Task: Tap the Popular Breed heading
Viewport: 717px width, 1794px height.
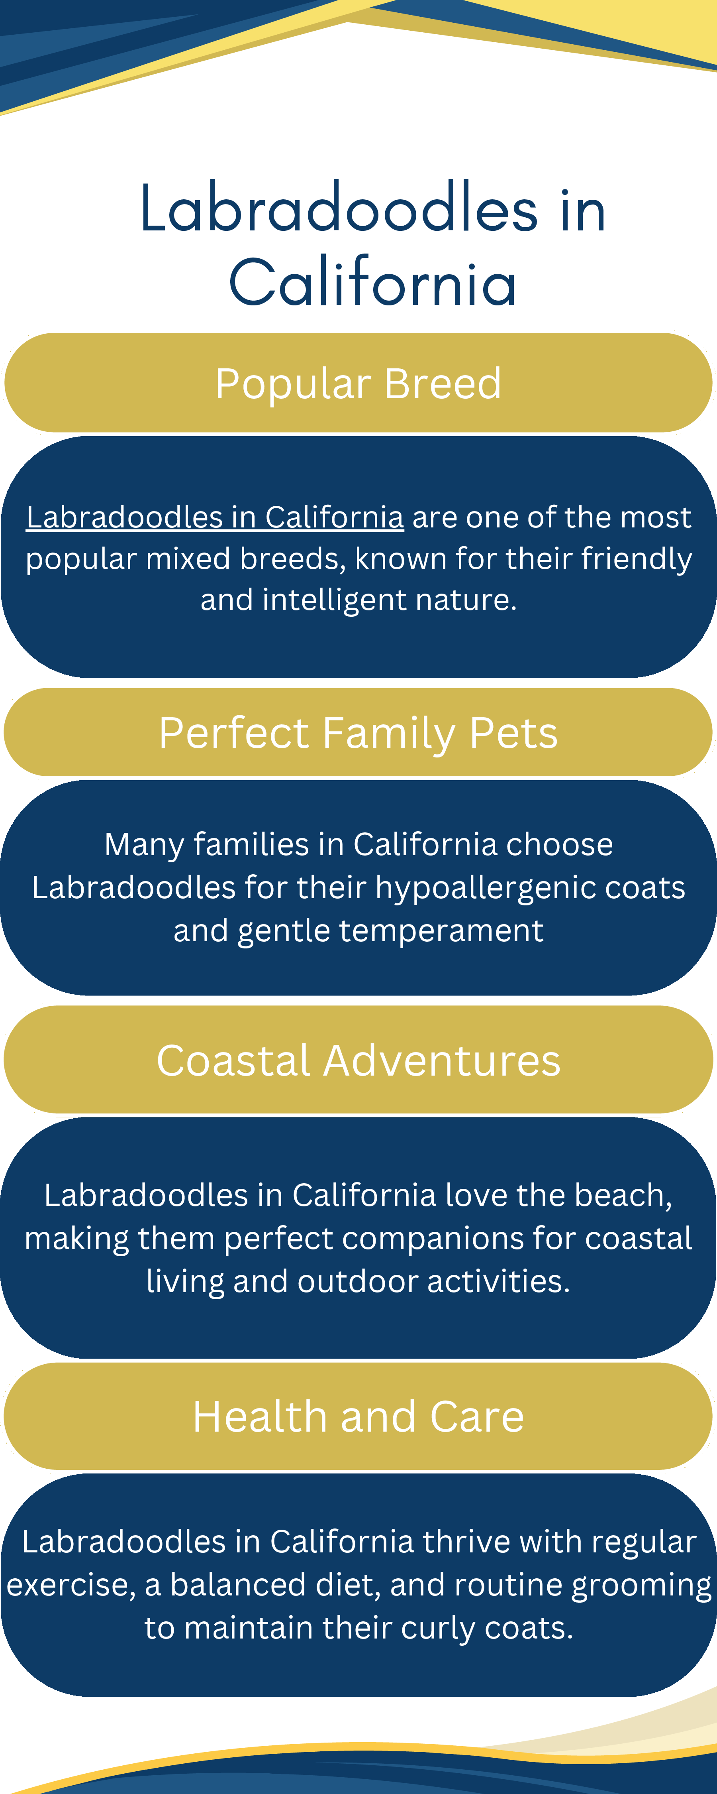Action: coord(358,384)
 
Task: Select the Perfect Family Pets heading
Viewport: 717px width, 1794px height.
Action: coord(358,733)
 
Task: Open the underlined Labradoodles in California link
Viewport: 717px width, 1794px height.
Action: coord(215,517)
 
